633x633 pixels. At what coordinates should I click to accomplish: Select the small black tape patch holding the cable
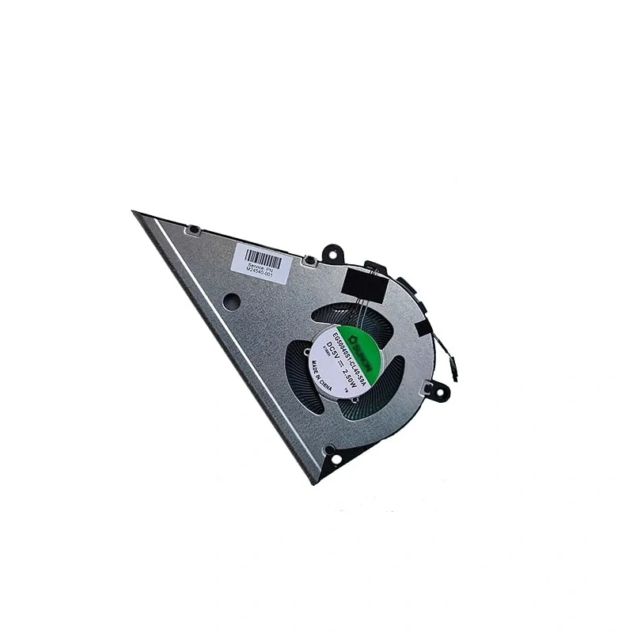423,326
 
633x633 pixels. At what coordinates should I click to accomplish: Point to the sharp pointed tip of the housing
136,214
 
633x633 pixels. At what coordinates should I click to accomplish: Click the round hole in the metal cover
231,301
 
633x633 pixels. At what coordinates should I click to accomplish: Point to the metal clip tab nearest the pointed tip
191,230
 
